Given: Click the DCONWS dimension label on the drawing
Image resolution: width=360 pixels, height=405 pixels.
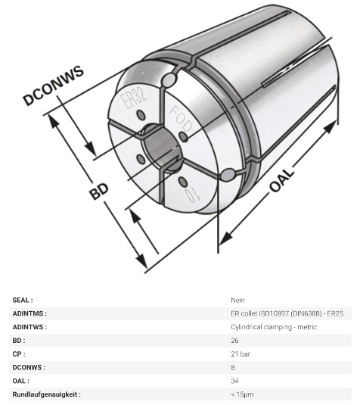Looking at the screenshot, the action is pos(54,85).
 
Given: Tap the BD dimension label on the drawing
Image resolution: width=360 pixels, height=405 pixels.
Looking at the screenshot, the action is pos(99,191).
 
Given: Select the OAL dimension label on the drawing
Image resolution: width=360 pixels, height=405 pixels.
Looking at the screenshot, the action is pos(282,180).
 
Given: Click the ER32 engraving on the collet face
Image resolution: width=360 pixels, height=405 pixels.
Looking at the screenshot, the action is pos(135,98).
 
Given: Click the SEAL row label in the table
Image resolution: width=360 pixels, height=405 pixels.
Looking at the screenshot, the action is pos(23,300).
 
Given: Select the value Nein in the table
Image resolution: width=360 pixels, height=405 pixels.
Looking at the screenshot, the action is pos(237,300).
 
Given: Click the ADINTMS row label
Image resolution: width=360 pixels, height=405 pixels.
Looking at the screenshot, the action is pos(29,313).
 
